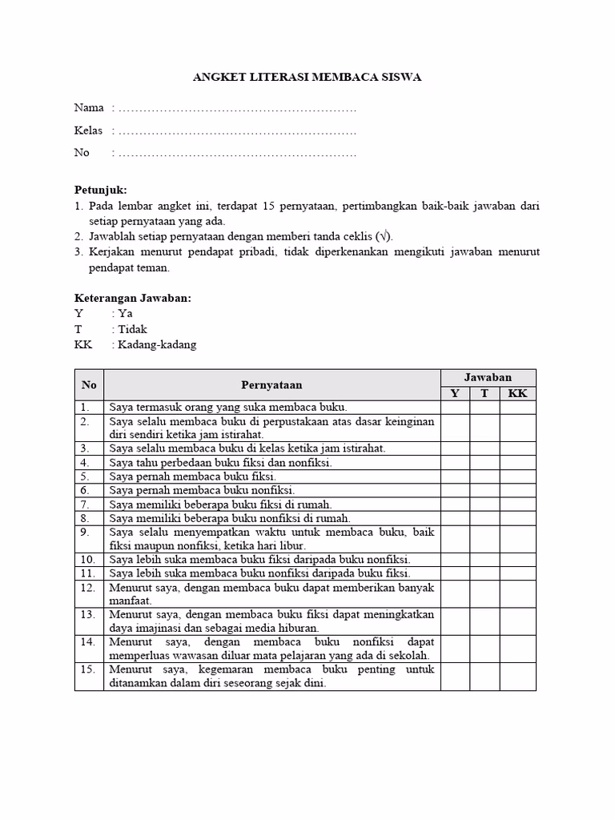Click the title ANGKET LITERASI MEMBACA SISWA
[307, 78]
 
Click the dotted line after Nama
[236, 108]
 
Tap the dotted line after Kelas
[236, 131]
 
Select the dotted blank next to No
[236, 153]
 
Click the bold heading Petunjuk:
[101, 190]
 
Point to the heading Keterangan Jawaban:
[133, 298]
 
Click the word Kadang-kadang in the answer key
[157, 344]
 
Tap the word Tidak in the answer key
[133, 329]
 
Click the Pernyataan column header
[272, 385]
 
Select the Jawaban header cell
[488, 377]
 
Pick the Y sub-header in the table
[455, 393]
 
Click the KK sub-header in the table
[517, 393]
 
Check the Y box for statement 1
[455, 408]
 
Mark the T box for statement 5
[484, 476]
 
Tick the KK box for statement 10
[517, 559]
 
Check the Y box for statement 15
[455, 676]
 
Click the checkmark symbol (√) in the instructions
[384, 236]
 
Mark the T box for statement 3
[484, 448]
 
